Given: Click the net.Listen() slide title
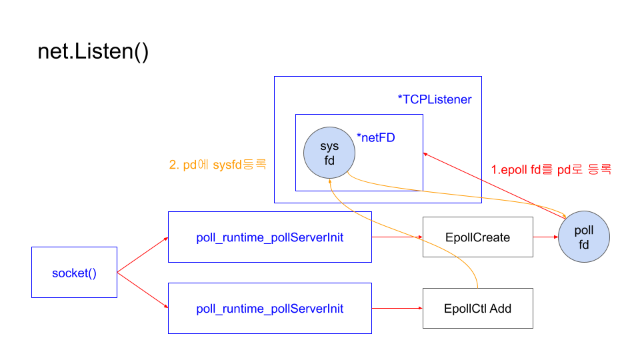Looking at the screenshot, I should (x=93, y=52).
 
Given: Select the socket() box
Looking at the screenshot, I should (x=74, y=273).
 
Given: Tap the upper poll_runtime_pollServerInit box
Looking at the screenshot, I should (x=269, y=237).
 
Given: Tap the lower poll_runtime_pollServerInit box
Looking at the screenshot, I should (x=269, y=309).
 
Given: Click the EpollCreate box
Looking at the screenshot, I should (x=477, y=237).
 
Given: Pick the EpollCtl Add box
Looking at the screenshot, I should (x=477, y=309).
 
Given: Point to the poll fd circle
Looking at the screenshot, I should (x=584, y=237).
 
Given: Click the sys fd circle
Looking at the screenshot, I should (x=329, y=153).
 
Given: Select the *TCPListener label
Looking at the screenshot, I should (x=434, y=100).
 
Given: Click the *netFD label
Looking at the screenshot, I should (x=377, y=139).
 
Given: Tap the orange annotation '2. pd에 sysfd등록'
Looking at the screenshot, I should (x=219, y=164).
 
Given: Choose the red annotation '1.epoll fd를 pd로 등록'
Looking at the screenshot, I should (x=551, y=169).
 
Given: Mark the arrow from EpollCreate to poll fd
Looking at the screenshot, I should (x=545, y=237).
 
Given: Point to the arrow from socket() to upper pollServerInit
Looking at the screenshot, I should (x=142, y=255).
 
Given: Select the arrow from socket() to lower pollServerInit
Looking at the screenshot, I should (x=142, y=291).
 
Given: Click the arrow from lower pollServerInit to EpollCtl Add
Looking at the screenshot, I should (x=397, y=309).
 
